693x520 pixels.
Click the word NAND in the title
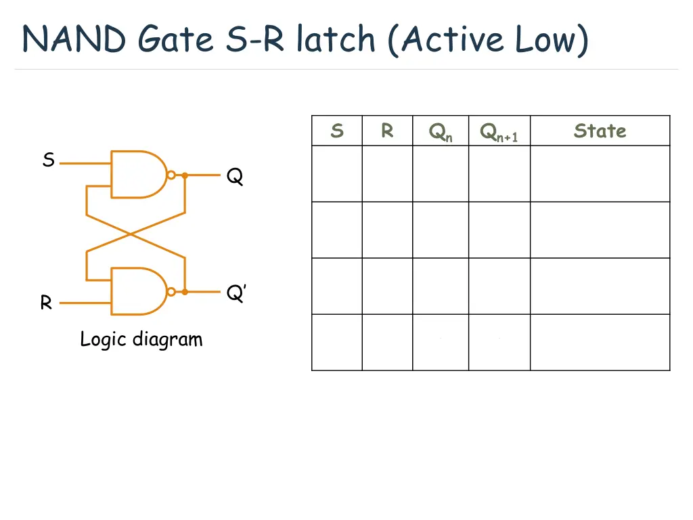[x=74, y=39]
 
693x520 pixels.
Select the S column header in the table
[x=336, y=131]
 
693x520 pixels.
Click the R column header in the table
[x=387, y=131]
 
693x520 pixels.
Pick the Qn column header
[x=441, y=132]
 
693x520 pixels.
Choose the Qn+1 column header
[x=499, y=132]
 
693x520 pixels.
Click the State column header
[x=600, y=131]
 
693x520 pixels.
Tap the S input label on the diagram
[x=48, y=160]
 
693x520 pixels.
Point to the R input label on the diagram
[x=46, y=303]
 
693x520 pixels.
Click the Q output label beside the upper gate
[x=234, y=177]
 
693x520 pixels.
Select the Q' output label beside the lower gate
[x=236, y=293]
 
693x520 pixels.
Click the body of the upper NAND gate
[x=138, y=175]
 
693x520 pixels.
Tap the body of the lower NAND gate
[x=138, y=292]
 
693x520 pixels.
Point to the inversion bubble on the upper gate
[x=171, y=175]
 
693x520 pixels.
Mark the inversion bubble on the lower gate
[x=171, y=292]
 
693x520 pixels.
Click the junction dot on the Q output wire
[x=185, y=175]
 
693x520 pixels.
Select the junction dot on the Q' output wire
[x=185, y=292]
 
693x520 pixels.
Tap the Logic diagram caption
[x=141, y=339]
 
